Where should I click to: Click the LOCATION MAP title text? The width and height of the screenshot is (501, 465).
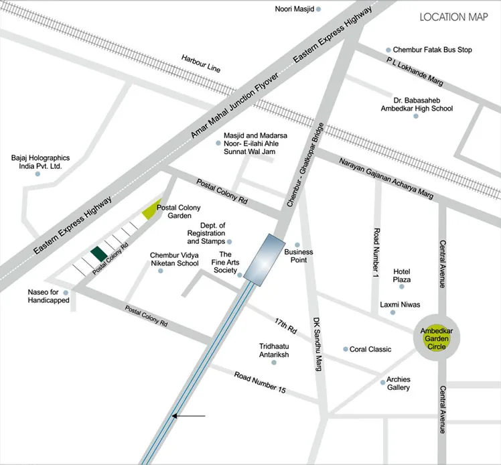tap(453, 17)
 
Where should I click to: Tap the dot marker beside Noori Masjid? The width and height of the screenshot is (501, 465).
tap(319, 9)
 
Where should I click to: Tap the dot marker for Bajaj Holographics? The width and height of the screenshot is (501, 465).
tap(38, 174)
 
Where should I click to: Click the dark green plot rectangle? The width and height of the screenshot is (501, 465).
tap(98, 253)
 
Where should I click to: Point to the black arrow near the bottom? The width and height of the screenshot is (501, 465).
tap(188, 416)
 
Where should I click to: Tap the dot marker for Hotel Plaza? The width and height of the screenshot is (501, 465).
tap(402, 287)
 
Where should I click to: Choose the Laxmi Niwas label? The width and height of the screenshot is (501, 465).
tap(400, 304)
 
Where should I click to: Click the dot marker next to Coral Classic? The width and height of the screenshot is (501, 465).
tap(346, 349)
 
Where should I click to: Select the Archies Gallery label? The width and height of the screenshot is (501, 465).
tap(398, 383)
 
